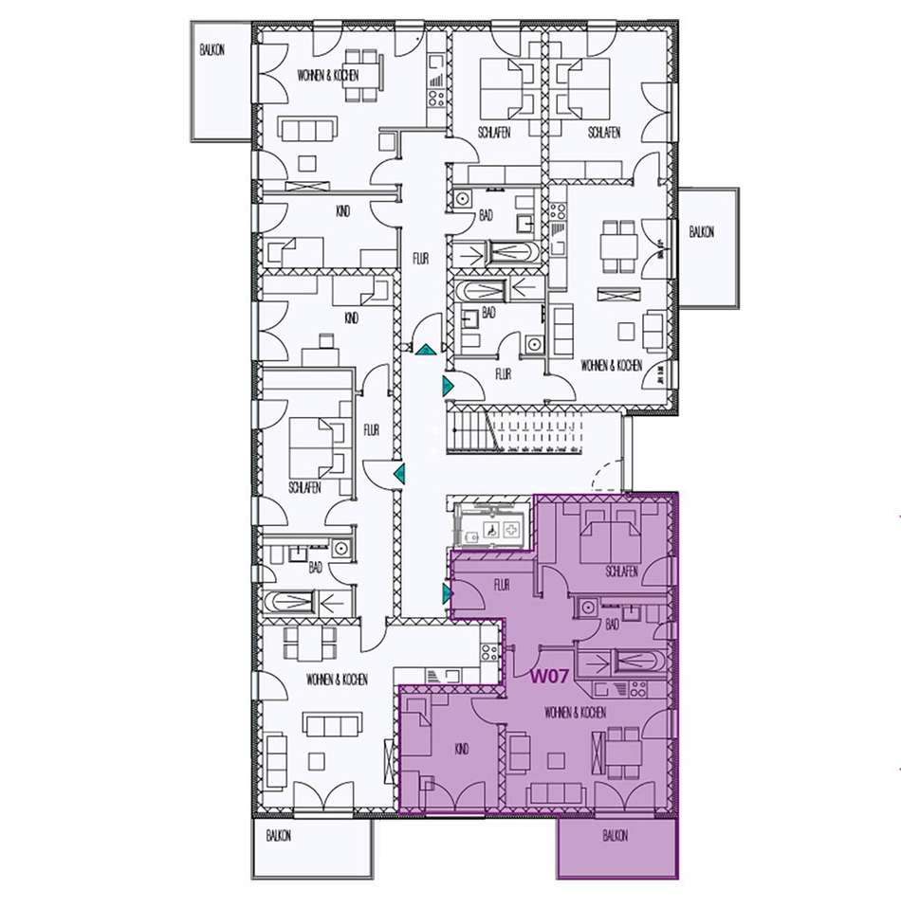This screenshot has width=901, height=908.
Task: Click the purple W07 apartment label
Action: point(548,677)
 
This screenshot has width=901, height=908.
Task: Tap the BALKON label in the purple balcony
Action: point(616,836)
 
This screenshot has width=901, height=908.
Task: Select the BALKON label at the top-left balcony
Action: point(212,50)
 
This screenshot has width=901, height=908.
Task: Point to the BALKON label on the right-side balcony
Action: point(702,232)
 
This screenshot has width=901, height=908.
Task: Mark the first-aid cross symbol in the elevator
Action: point(511,530)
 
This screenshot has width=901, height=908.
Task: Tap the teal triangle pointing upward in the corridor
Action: point(425,349)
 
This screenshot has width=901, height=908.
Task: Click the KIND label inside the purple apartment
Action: point(462,750)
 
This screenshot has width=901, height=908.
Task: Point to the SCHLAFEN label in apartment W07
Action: point(622,572)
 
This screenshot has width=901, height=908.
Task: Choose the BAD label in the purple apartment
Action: point(613,625)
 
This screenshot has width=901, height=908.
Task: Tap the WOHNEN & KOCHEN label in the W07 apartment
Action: point(576,712)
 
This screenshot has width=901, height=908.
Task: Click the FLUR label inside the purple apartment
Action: point(502,585)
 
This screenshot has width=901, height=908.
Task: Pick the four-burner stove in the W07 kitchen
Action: point(637,688)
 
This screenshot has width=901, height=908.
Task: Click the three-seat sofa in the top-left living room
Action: point(306,129)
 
